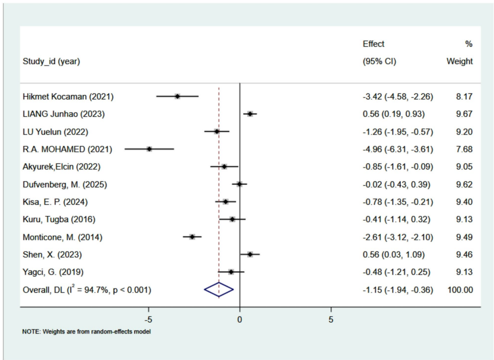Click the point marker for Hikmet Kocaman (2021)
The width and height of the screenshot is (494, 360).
[x=177, y=96]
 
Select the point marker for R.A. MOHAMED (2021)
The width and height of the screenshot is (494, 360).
[x=149, y=149]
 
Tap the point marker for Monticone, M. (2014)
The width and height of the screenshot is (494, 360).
[x=192, y=237]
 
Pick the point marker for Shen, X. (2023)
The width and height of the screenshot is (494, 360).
[x=250, y=254]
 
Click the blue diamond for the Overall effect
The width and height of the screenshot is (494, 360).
[x=219, y=290]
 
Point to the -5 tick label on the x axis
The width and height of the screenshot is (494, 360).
[x=148, y=320]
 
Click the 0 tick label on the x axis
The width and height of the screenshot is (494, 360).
[x=240, y=320]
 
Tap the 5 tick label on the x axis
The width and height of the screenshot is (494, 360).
[x=331, y=320]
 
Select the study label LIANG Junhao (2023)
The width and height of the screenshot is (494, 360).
[x=63, y=114]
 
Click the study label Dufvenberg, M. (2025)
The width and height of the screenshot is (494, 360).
[x=65, y=184]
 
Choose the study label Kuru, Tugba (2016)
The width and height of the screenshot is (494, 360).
[x=59, y=219]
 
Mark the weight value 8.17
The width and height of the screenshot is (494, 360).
[x=464, y=96]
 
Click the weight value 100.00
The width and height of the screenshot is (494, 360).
[x=460, y=290]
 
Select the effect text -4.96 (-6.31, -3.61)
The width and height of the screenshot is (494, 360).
[x=397, y=149]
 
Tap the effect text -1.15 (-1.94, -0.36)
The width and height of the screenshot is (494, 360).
[x=397, y=290]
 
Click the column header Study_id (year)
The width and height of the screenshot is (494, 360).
[x=51, y=62]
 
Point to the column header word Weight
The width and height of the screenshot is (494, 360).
[x=460, y=62]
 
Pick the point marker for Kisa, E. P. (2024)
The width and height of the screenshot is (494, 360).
[x=225, y=202]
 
